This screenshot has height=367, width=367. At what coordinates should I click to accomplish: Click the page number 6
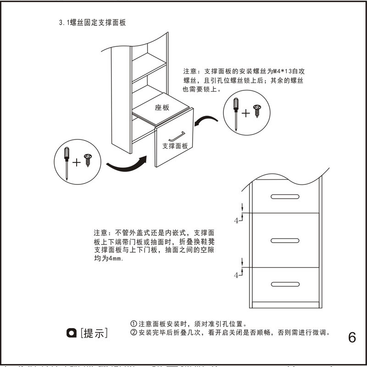352,337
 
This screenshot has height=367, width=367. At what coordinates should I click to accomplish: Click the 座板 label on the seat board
162,107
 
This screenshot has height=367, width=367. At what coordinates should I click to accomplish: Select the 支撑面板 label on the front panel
175,146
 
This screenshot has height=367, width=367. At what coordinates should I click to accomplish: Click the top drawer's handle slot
285,196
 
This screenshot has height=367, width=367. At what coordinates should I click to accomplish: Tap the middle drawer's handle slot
285,240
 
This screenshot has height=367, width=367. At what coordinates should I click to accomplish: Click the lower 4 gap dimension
237,275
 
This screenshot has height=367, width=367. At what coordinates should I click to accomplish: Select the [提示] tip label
94,334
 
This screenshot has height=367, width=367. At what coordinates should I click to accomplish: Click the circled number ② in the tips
134,333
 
